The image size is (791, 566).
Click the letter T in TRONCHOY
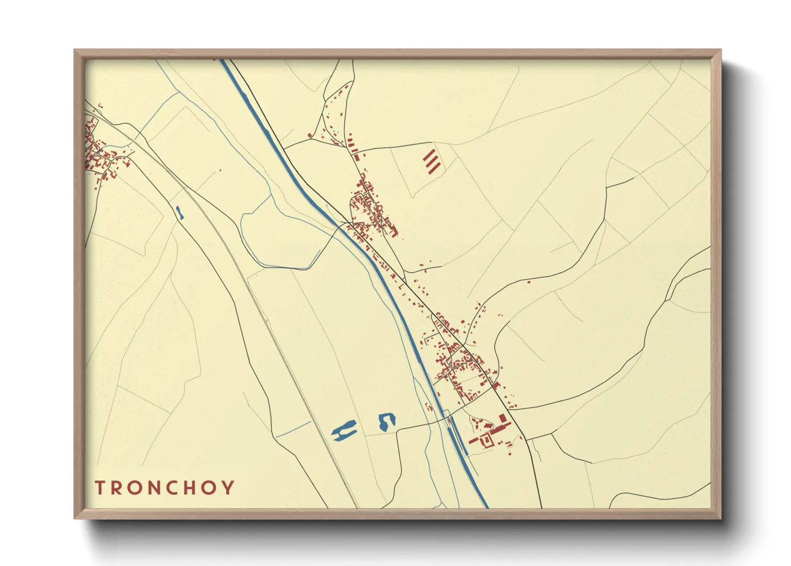[x=100, y=488]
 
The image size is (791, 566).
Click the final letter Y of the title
[x=229, y=488]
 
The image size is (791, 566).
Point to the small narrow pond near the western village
[x=180, y=212]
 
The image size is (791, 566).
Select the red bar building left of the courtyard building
[x=474, y=440]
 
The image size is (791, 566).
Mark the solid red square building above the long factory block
[x=502, y=418]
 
